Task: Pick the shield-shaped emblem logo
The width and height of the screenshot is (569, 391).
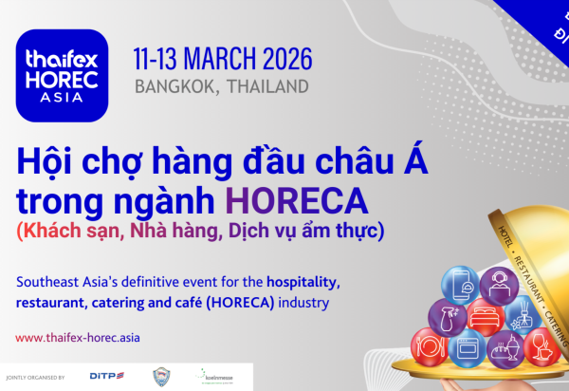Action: coord(162,377)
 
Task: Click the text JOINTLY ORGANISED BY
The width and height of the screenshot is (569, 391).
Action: coord(35,378)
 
